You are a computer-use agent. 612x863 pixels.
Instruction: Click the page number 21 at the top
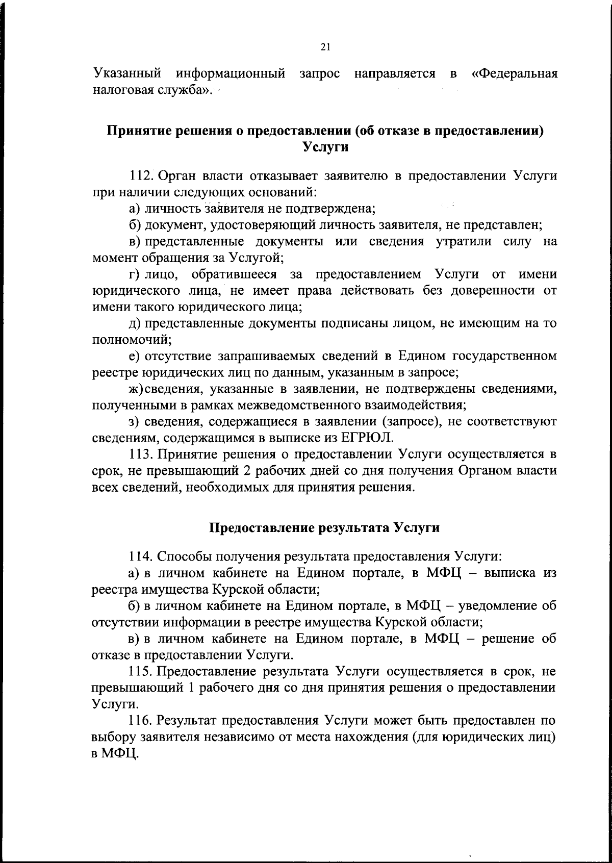(326, 47)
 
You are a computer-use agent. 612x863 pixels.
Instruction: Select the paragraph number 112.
(141, 176)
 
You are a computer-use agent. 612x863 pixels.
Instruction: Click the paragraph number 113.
(141, 454)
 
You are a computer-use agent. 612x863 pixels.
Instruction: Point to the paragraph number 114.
(141, 556)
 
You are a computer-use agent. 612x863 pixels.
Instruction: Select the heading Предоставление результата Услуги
(325, 527)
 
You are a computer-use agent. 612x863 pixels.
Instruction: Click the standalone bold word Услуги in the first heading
(325, 147)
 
